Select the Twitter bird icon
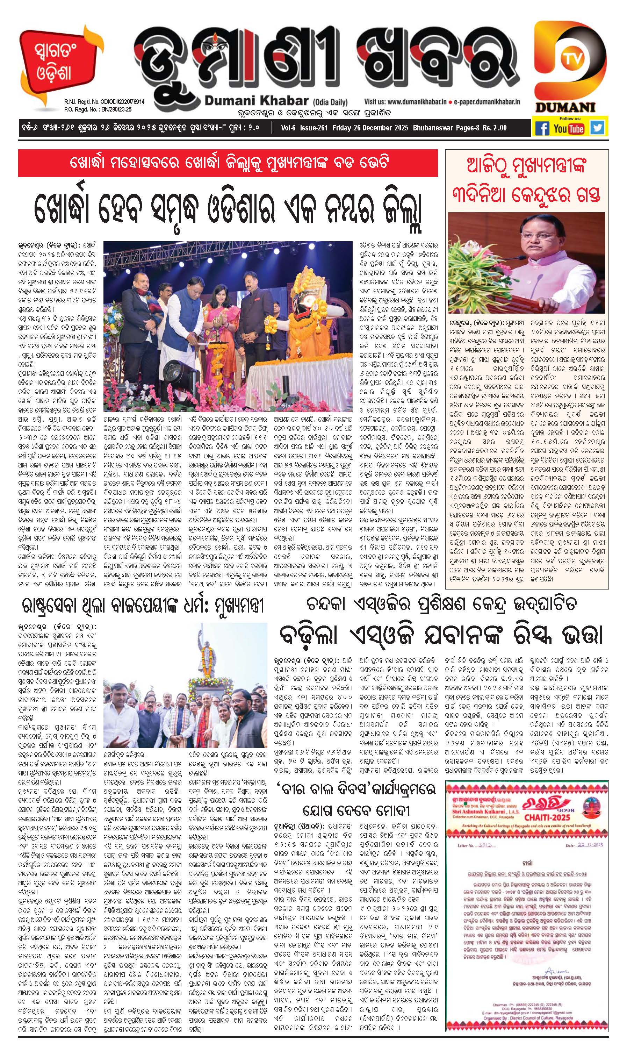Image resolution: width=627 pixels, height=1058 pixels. [597, 128]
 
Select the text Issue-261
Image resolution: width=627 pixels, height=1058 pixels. [314, 128]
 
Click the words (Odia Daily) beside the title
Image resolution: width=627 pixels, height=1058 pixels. [330, 102]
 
